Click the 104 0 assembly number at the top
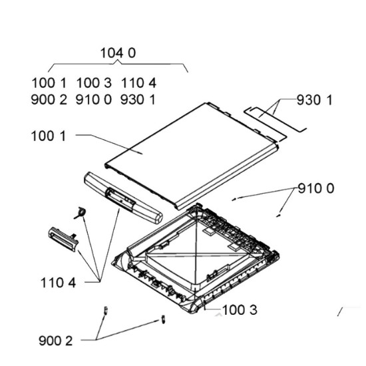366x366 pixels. point(118,53)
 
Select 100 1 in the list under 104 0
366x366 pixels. point(49,83)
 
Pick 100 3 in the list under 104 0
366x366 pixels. point(94,83)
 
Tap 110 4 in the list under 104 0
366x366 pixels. point(138,83)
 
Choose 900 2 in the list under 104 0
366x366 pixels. point(49,100)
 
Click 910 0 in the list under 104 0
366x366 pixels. point(94,100)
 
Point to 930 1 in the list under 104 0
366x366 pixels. point(138,100)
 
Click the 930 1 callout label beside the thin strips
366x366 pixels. point(314,100)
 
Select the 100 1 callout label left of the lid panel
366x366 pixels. point(49,136)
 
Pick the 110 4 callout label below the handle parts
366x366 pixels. point(59,283)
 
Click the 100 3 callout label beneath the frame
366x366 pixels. point(240,310)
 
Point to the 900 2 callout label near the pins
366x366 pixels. point(56,341)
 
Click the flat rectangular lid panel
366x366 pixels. point(192,155)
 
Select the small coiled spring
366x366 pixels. point(81,213)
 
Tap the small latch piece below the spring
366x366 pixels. point(63,240)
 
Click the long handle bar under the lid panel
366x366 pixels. point(123,198)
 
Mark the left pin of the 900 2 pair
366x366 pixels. point(106,311)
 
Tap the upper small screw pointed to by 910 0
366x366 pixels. point(234,199)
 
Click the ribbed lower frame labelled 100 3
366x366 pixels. point(196,258)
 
